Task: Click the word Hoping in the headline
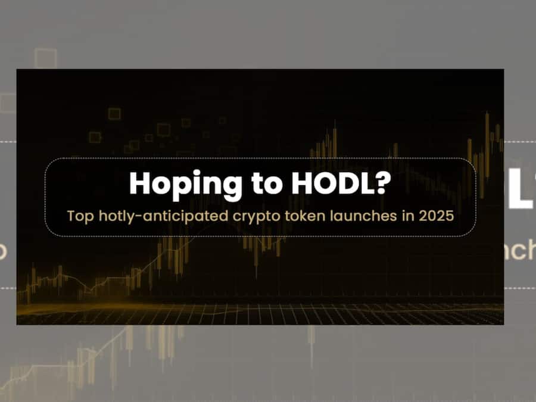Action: (x=186, y=185)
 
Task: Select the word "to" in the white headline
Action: (x=267, y=184)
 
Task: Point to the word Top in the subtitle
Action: (x=80, y=217)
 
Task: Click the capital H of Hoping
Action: (x=139, y=183)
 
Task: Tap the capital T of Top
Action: (x=71, y=216)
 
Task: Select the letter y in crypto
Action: (x=253, y=219)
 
